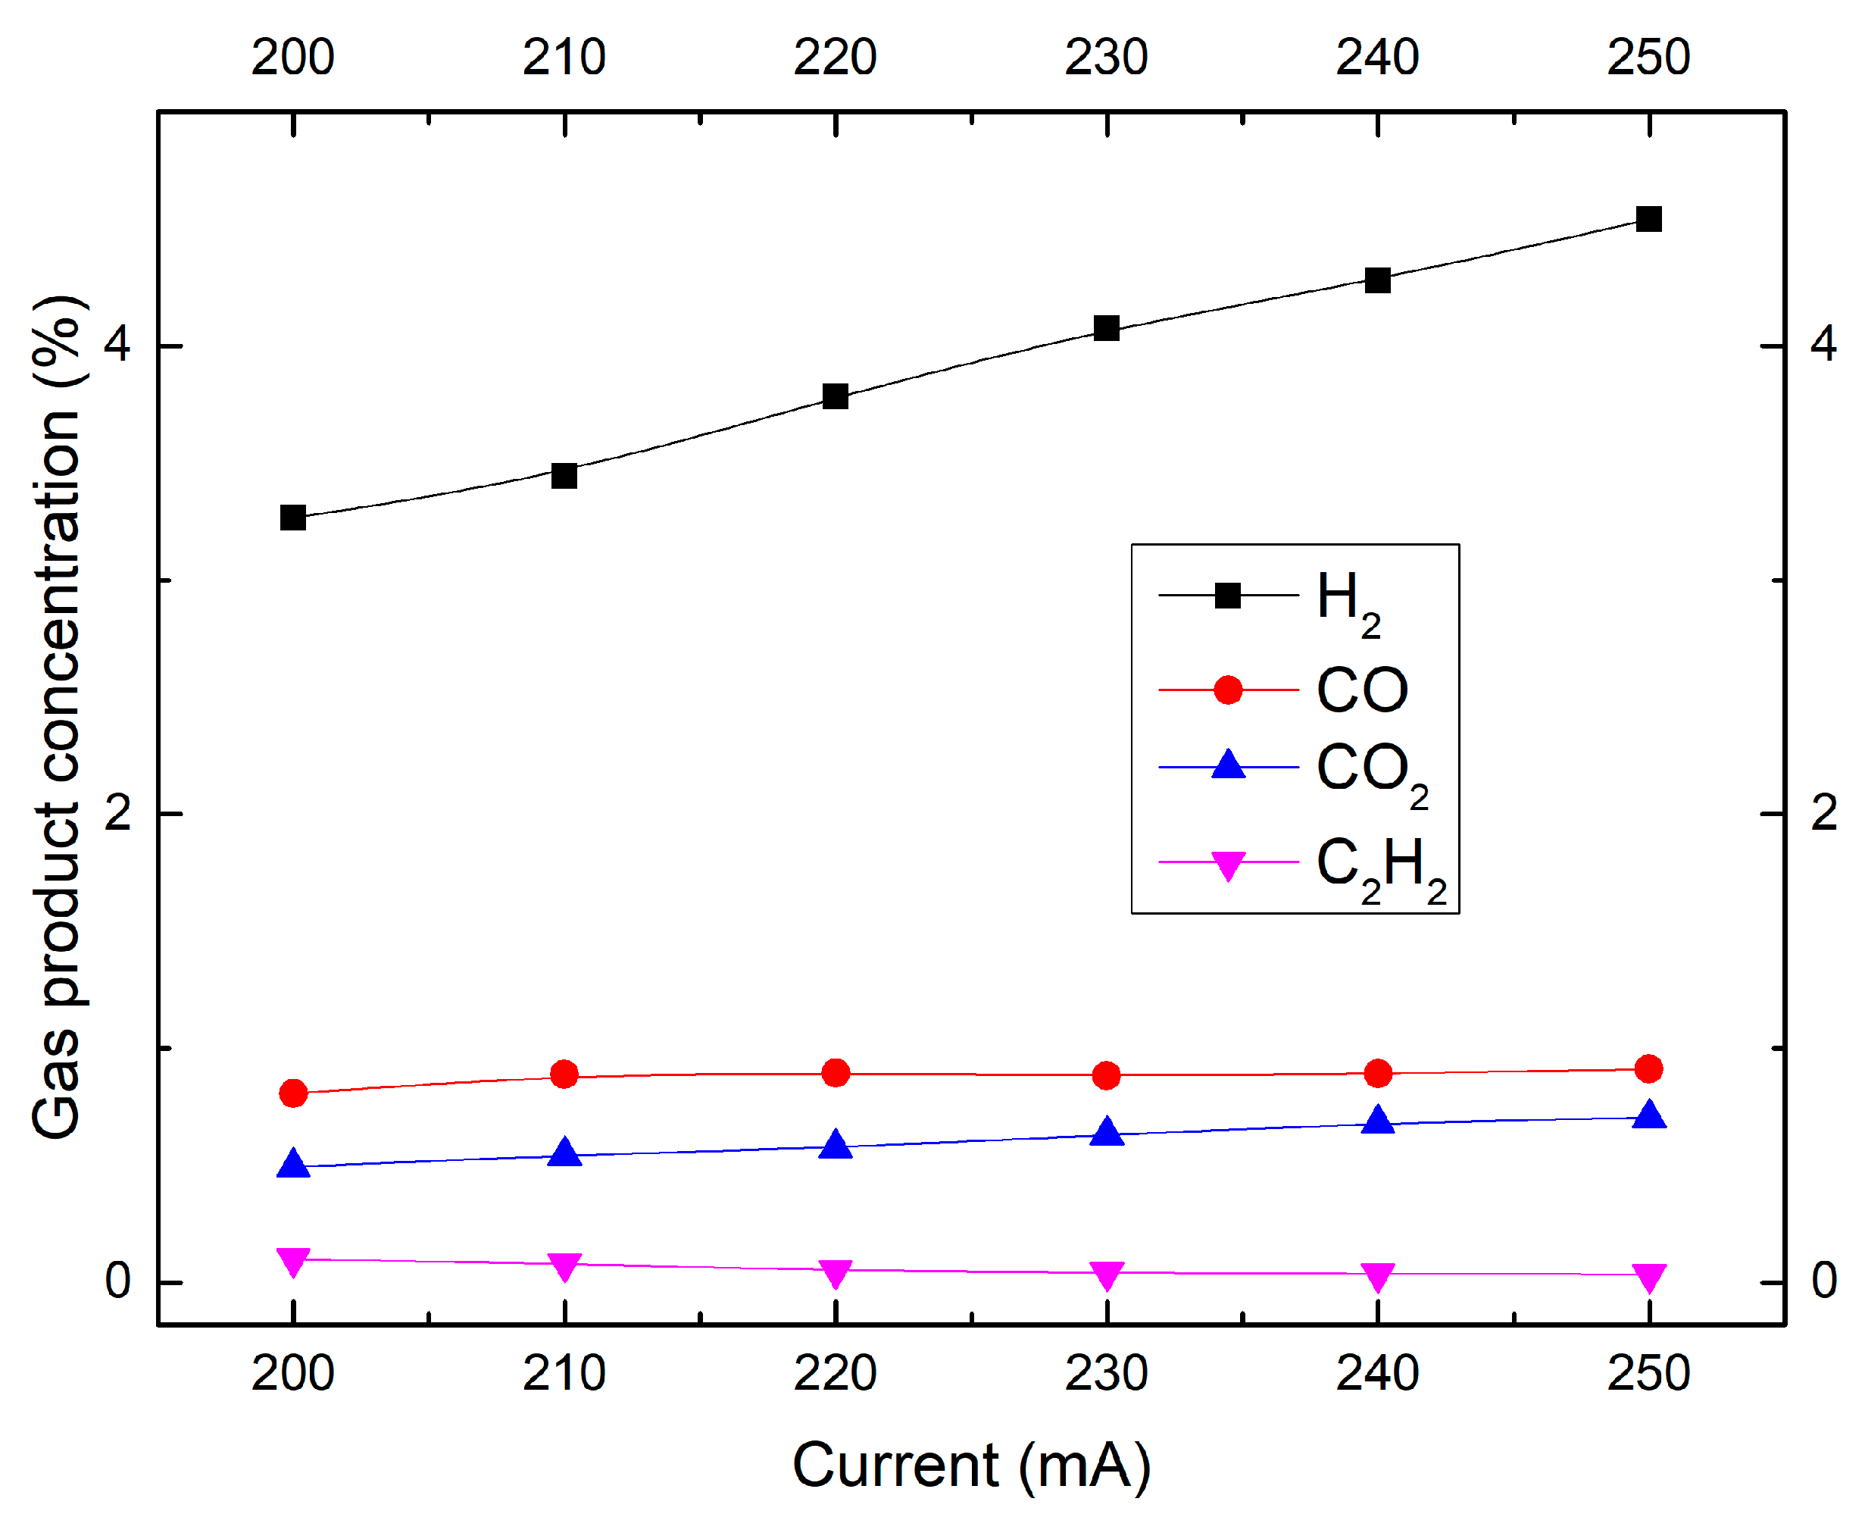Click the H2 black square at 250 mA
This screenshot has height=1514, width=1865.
coord(1648,219)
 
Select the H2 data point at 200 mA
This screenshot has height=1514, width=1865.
coord(293,517)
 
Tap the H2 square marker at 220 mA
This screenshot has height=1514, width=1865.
coord(836,397)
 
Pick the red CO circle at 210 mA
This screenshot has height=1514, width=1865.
coord(564,1075)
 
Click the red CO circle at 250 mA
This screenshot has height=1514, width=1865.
coord(1648,1069)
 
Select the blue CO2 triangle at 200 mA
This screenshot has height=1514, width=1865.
coord(293,1164)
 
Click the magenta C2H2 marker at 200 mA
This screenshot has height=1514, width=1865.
coord(293,1262)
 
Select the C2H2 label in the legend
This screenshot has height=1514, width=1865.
coord(1380,867)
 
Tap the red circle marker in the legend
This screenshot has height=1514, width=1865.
coord(1228,690)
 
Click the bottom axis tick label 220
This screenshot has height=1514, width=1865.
coord(836,1374)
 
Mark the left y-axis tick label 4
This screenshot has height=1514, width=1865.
coord(117,345)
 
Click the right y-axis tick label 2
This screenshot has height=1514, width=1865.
coord(1824,813)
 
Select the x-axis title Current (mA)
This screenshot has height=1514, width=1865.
coord(971,1466)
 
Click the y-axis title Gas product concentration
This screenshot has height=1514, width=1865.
coord(58,715)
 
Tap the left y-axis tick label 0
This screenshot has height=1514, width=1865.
coord(117,1281)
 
